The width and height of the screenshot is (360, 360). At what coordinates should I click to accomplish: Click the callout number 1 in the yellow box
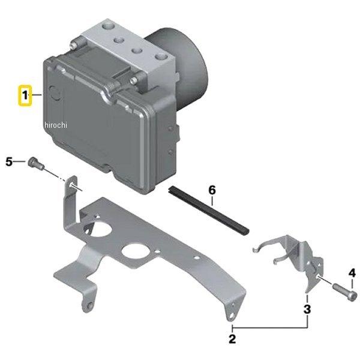coord(25,95)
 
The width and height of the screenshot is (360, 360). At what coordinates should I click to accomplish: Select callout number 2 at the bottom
coord(232,339)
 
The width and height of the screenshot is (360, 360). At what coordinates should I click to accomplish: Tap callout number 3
coord(307,309)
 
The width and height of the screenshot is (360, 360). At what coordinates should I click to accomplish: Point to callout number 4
coord(352,273)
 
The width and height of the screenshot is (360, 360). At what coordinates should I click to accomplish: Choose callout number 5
coord(9,162)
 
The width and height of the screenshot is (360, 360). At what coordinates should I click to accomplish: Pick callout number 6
coord(212,190)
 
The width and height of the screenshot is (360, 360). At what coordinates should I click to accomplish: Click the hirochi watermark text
coord(56,125)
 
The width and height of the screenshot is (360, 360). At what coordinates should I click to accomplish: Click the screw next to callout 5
coord(36,163)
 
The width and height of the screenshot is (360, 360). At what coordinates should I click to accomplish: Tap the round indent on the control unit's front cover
coord(56,94)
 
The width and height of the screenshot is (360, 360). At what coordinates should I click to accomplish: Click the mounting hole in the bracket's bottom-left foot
coord(91,305)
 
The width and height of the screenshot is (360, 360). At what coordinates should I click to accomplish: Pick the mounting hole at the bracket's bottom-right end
coord(231,316)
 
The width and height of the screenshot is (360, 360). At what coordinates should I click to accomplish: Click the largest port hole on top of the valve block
coord(107,26)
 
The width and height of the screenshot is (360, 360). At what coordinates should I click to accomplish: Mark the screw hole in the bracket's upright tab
coord(71,184)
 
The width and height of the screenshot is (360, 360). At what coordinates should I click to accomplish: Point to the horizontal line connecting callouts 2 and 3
coord(270,328)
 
